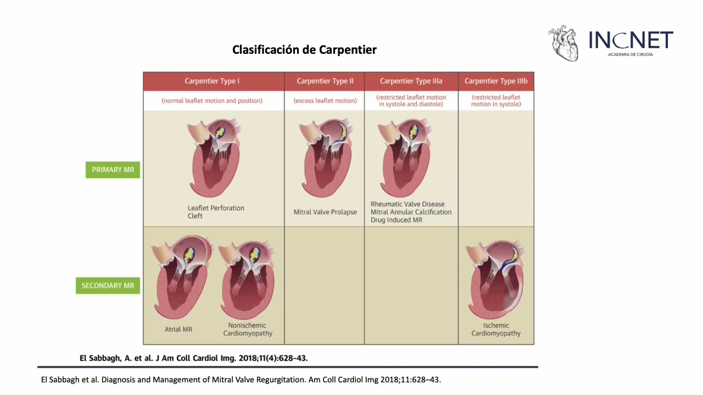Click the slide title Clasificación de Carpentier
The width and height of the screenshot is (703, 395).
[x=304, y=50]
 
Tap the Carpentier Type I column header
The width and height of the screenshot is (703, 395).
[x=212, y=81]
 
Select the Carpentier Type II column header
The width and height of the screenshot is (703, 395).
[x=325, y=81]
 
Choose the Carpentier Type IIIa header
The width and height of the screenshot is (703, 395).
[x=411, y=81]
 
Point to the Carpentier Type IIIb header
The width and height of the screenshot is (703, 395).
[x=496, y=81]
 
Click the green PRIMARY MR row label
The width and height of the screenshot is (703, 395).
[x=113, y=170]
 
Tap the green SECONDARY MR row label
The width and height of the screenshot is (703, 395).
[x=108, y=286]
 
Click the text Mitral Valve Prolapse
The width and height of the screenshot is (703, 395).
[x=325, y=212]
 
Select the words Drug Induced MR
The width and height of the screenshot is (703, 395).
[x=397, y=220]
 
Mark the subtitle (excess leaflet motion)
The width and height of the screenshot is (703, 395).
[x=325, y=101]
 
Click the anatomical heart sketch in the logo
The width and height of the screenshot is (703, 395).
[x=564, y=43]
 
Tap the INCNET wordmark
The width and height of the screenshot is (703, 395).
[x=631, y=39]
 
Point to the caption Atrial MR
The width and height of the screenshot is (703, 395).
[x=178, y=330]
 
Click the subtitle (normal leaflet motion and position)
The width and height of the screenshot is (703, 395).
[x=212, y=101]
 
